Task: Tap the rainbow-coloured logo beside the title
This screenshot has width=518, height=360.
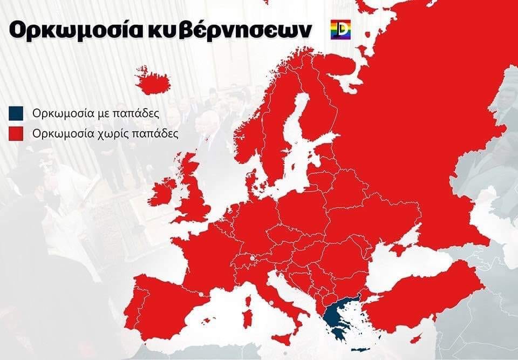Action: pyautogui.click(x=340, y=30)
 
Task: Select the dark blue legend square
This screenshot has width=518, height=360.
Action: pyautogui.click(x=16, y=113)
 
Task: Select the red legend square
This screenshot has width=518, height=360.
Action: pyautogui.click(x=16, y=133)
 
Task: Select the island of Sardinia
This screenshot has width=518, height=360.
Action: pyautogui.click(x=247, y=317)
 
